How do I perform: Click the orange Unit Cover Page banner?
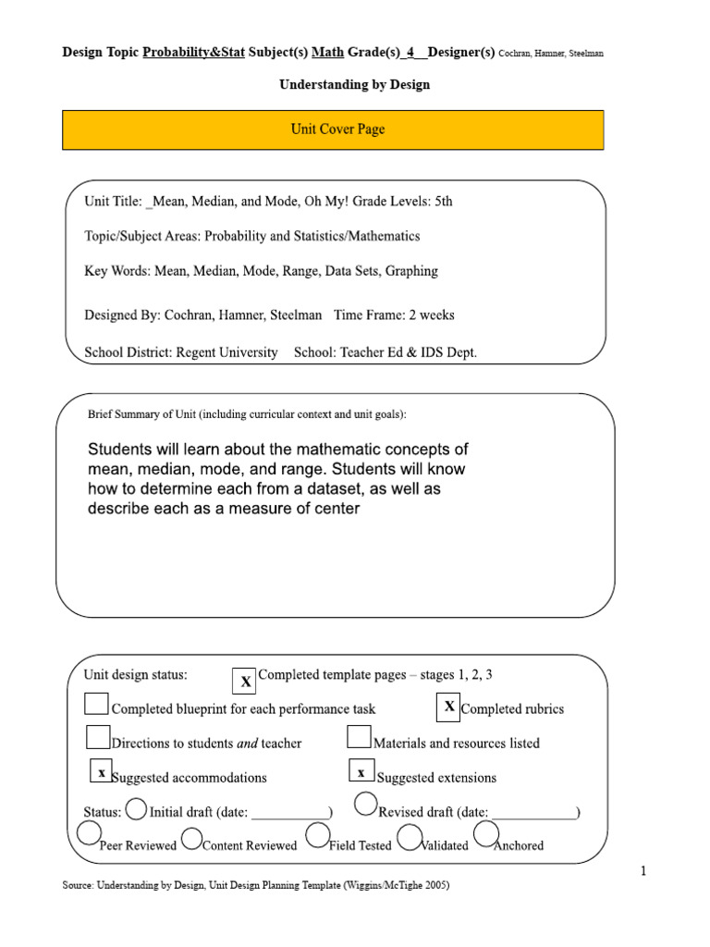click(x=333, y=129)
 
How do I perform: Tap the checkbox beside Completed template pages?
click(x=244, y=681)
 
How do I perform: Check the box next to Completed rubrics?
click(x=448, y=707)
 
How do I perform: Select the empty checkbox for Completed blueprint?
click(x=96, y=705)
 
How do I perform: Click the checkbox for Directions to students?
click(x=98, y=737)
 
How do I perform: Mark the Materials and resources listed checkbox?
click(x=360, y=737)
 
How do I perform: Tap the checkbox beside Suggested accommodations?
click(x=102, y=772)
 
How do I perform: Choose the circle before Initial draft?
click(x=136, y=809)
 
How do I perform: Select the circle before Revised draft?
click(x=366, y=804)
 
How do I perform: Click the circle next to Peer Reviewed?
click(x=89, y=833)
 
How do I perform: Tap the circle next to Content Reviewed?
click(x=192, y=838)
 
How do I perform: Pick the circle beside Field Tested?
click(x=317, y=836)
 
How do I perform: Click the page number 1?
click(x=643, y=871)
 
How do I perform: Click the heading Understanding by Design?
click(x=355, y=85)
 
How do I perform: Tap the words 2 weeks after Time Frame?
click(x=432, y=315)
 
